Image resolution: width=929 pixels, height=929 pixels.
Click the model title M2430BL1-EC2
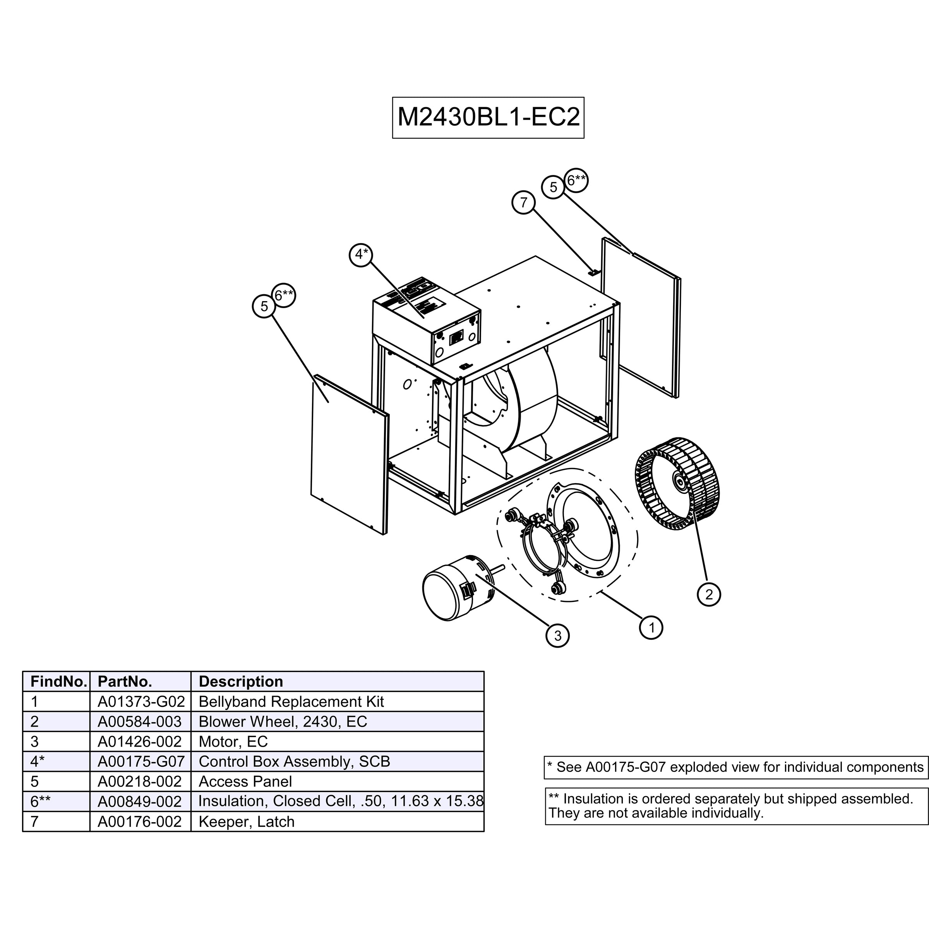(x=488, y=117)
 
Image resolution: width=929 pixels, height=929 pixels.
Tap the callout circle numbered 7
(x=524, y=202)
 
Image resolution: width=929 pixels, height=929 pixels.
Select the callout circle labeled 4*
(x=361, y=254)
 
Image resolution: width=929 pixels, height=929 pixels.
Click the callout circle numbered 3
(x=557, y=636)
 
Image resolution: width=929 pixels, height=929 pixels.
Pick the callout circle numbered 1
(x=651, y=627)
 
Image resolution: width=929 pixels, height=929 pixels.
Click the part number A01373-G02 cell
(x=141, y=701)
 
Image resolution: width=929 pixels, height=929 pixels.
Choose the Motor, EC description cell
(x=337, y=742)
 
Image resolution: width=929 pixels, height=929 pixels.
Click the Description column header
(x=337, y=681)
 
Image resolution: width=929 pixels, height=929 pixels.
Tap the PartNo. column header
(x=141, y=681)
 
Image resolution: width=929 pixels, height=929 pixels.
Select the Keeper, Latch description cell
(x=337, y=822)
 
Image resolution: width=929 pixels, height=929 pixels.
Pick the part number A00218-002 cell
(x=141, y=782)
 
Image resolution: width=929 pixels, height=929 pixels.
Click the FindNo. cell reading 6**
(x=56, y=802)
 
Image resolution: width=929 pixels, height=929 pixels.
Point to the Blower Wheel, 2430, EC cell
(x=337, y=721)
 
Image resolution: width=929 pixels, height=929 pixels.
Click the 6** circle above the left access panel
(x=284, y=295)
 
